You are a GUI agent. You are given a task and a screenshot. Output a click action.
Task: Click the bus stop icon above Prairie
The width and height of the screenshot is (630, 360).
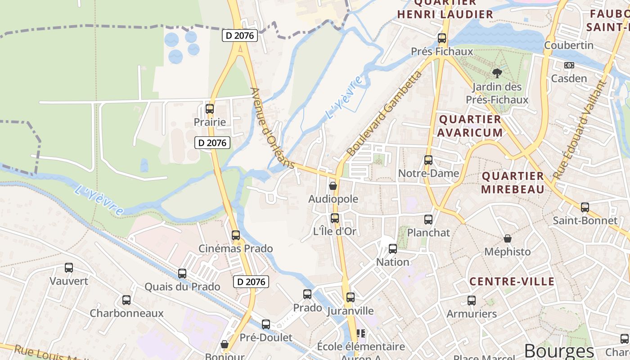(209, 108)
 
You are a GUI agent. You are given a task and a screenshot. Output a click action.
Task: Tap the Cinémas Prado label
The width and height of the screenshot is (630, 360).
(236, 248)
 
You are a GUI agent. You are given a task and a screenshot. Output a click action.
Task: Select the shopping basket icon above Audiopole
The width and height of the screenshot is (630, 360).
(333, 185)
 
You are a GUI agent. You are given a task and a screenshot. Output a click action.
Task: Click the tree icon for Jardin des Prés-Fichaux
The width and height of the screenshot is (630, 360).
(497, 73)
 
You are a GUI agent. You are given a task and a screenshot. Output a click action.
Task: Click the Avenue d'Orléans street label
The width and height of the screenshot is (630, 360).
(272, 128)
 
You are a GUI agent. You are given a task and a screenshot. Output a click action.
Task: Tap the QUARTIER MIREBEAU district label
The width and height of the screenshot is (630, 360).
(513, 182)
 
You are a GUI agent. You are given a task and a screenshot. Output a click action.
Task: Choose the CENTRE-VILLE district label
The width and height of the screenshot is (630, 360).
(512, 282)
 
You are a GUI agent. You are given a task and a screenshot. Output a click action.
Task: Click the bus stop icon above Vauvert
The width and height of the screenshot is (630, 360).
(69, 268)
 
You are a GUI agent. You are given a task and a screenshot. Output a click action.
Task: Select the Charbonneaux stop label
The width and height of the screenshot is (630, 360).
(126, 313)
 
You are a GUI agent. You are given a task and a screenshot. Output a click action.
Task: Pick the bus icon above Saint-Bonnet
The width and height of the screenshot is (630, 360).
(585, 207)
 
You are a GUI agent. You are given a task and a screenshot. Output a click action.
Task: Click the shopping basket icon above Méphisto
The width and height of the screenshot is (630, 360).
(508, 238)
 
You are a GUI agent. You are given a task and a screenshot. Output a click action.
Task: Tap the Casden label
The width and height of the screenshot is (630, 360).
(569, 79)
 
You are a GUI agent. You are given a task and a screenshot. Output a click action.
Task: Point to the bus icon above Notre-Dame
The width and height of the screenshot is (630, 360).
(428, 160)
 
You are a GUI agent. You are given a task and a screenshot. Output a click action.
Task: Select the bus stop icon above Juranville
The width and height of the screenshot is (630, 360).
(351, 297)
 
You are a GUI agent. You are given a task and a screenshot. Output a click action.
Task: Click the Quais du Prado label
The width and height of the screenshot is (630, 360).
(182, 287)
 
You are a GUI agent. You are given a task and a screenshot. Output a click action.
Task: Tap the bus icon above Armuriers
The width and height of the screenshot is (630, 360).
(471, 301)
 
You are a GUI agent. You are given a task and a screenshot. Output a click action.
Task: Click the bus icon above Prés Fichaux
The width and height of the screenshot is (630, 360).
(441, 38)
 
